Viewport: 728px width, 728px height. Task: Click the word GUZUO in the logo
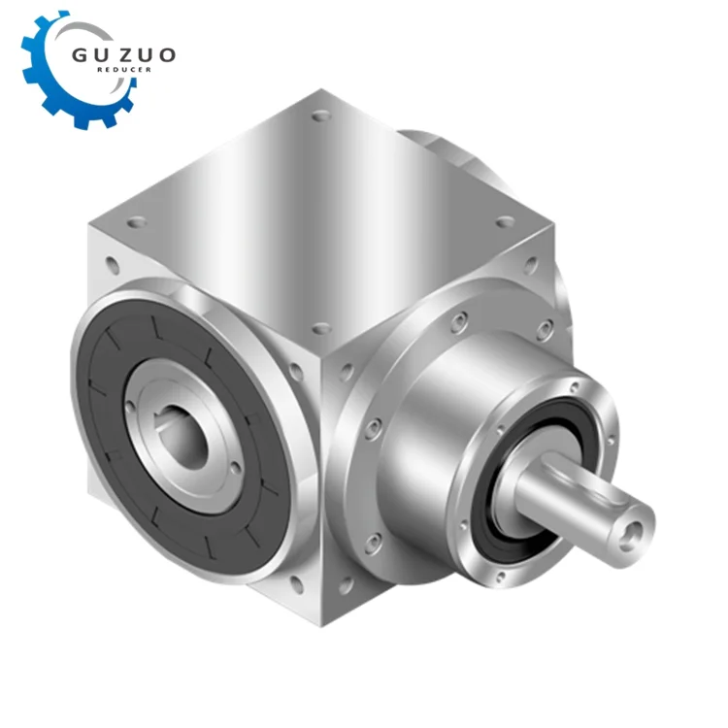pos(123,54)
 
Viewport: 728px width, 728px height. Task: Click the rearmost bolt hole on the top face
pos(319,116)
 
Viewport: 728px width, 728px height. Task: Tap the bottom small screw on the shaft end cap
pos(499,579)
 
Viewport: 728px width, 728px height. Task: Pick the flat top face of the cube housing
pos(320,214)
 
